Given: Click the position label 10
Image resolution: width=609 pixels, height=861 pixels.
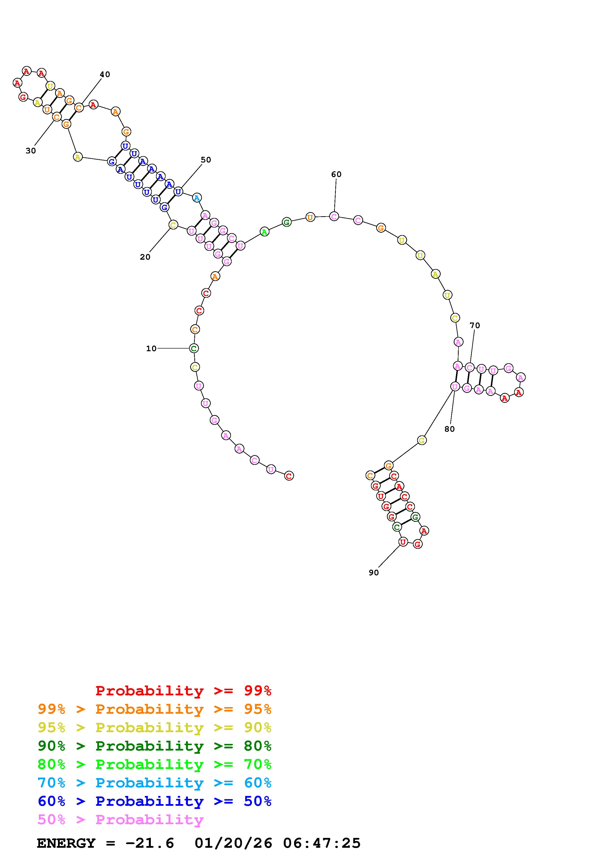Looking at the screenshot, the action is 151,348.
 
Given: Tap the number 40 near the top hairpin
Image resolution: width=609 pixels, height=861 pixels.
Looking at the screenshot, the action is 105,74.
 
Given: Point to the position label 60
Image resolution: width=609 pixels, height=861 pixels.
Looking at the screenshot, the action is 336,174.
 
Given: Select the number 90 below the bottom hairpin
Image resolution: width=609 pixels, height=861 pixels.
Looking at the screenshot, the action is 374,573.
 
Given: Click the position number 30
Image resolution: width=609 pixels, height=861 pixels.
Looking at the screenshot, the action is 31,150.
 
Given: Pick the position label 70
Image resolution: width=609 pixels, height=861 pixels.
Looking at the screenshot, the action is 475,325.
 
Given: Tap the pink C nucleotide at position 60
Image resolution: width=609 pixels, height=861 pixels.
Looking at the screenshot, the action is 334,216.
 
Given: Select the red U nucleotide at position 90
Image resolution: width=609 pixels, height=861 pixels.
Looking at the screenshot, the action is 403,541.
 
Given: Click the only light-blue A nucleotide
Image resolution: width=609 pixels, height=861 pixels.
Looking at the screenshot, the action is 197,197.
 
